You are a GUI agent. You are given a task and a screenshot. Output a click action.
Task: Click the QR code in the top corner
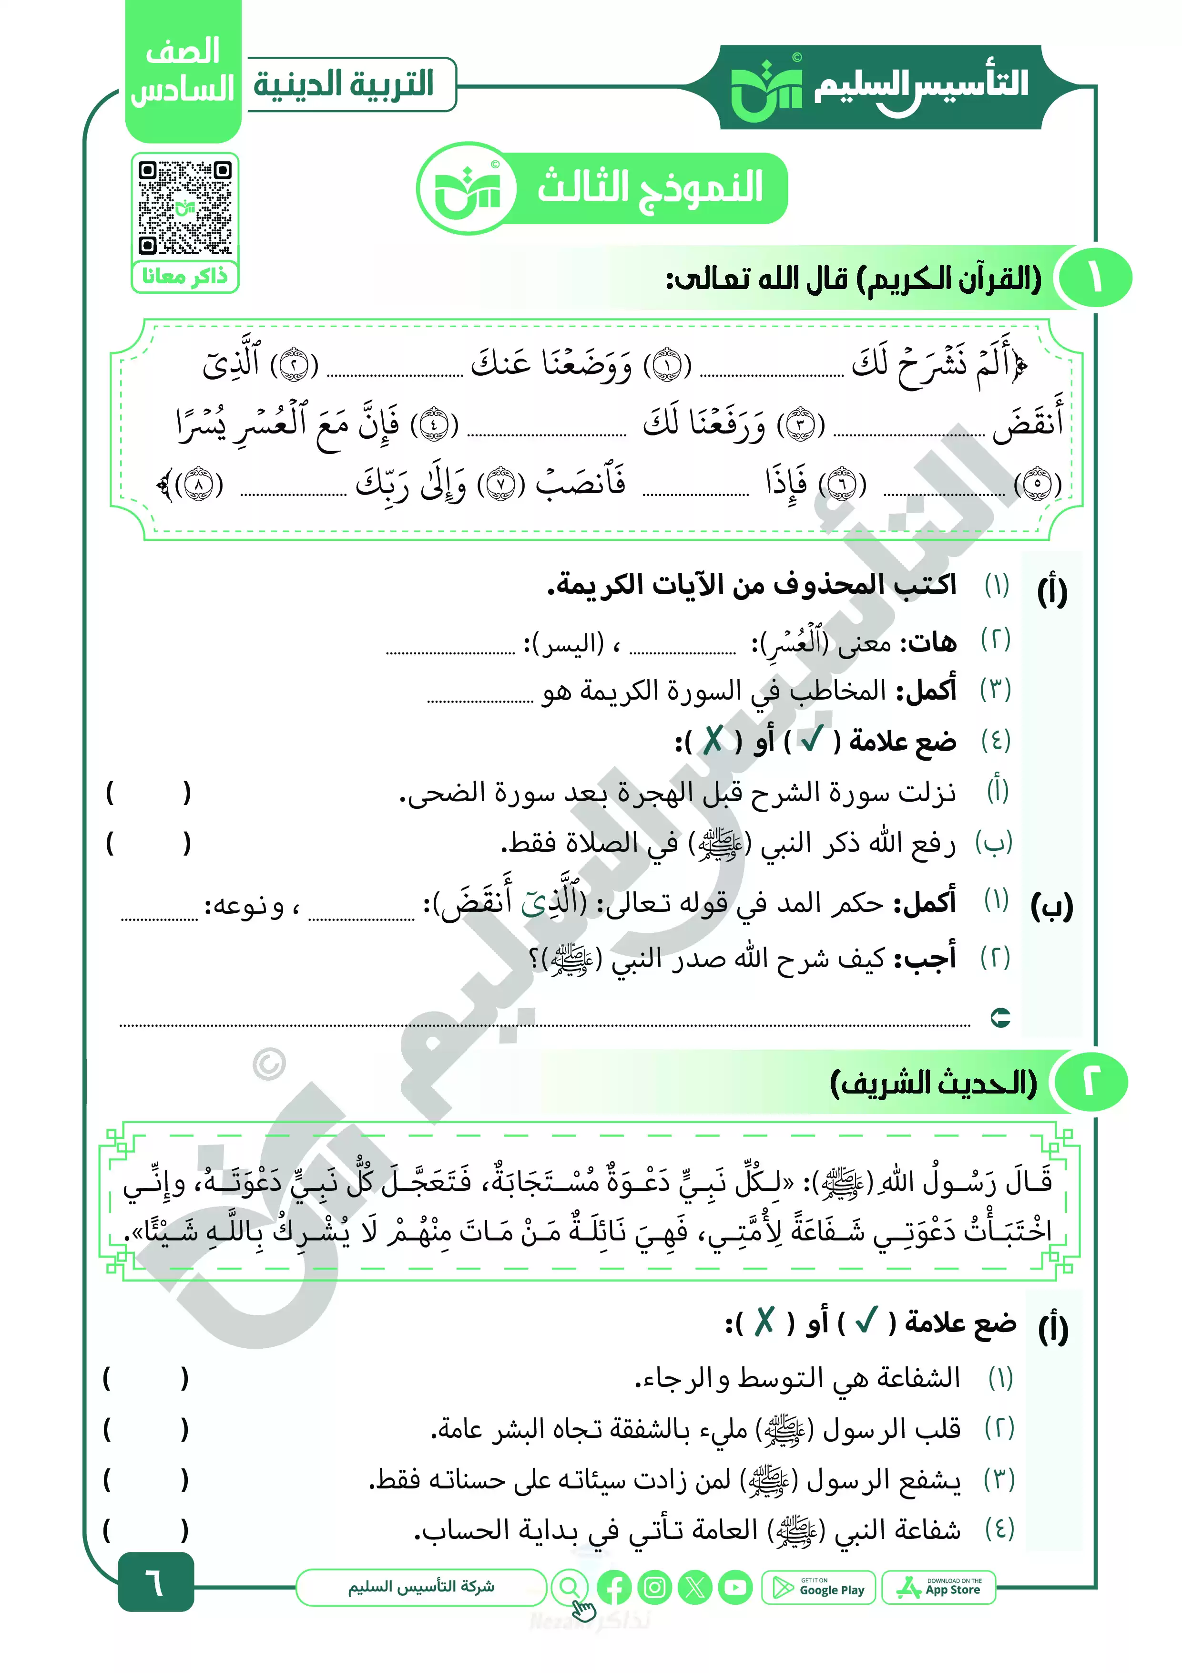(185, 207)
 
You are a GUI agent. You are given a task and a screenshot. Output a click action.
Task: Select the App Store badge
(939, 1587)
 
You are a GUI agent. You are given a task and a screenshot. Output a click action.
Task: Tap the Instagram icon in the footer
(655, 1588)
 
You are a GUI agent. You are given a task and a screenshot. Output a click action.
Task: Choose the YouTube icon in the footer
(735, 1588)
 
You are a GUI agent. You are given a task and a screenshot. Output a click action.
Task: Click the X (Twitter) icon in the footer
(695, 1588)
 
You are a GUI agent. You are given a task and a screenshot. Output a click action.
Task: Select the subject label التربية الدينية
(344, 84)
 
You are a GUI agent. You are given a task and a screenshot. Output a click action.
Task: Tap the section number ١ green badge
(1094, 279)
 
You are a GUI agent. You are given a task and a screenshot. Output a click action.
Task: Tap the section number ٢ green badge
(1090, 1082)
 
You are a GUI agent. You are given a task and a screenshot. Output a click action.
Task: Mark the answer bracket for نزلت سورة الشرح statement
(148, 792)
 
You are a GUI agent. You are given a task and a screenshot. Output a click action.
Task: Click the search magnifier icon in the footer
(570, 1587)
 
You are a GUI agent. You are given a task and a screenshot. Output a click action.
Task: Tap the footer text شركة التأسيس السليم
(421, 1587)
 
